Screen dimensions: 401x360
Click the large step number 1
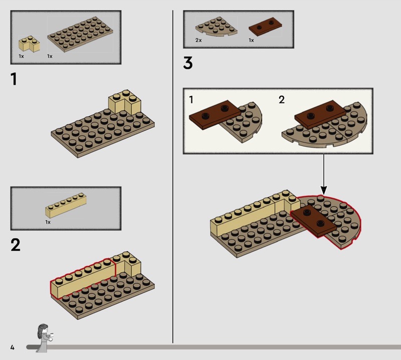tap(14, 79)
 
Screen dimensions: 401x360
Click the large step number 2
tap(16, 245)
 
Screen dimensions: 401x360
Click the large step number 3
tap(187, 63)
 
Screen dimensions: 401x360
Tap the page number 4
tap(12, 347)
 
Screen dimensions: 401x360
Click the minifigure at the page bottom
tap(44, 338)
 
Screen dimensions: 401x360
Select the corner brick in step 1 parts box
tap(29, 44)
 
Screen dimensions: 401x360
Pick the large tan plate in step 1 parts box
tap(80, 34)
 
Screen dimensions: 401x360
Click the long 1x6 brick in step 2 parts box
tap(66, 205)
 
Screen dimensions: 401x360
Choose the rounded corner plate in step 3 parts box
tap(216, 27)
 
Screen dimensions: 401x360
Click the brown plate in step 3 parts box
tap(265, 27)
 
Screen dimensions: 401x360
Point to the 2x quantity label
tap(198, 40)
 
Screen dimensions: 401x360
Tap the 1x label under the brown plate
tap(251, 40)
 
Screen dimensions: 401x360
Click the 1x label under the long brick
tap(48, 222)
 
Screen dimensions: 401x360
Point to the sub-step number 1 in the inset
tap(191, 100)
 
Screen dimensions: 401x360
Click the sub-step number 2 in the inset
tap(282, 100)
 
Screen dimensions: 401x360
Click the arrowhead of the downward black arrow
tap(324, 191)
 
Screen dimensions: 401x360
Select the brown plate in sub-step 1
tap(215, 115)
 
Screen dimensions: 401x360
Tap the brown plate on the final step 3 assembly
tap(314, 221)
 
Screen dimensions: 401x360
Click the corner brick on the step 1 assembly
tap(125, 102)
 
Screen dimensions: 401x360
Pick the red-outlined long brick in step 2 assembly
tap(83, 278)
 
